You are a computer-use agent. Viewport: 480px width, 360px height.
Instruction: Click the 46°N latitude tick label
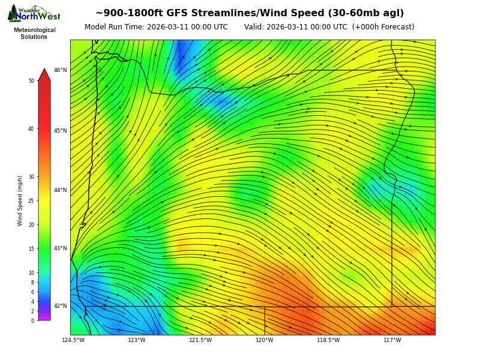click(x=61, y=70)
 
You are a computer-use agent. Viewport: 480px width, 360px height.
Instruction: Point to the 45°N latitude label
click(x=61, y=131)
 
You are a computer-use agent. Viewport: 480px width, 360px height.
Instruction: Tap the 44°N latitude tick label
click(x=61, y=190)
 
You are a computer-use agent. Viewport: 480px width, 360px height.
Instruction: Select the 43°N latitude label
click(x=61, y=248)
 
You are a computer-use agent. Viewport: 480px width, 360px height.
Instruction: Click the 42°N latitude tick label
click(x=61, y=306)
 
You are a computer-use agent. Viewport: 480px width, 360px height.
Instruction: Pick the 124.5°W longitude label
click(x=73, y=340)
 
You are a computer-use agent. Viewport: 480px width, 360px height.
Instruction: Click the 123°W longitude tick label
click(x=136, y=340)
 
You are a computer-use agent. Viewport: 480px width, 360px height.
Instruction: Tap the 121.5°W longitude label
click(x=200, y=340)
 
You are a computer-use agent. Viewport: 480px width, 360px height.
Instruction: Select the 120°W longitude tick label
click(x=265, y=340)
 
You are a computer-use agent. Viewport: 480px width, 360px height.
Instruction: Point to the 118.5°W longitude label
click(x=328, y=340)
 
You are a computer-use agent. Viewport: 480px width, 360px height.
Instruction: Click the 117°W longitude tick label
click(x=392, y=340)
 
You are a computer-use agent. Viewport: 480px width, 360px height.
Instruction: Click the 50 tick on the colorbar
click(x=31, y=81)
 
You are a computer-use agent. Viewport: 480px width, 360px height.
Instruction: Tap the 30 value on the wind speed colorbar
click(x=31, y=177)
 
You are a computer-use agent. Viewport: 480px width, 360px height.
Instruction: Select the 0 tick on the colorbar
click(x=32, y=321)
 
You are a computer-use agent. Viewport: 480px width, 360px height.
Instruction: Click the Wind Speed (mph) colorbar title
click(x=20, y=200)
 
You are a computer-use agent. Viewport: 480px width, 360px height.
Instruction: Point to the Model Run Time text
click(x=156, y=27)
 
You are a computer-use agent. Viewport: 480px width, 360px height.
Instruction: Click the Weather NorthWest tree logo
click(x=13, y=13)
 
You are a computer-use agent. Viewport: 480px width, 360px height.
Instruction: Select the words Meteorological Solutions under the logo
click(x=34, y=34)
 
